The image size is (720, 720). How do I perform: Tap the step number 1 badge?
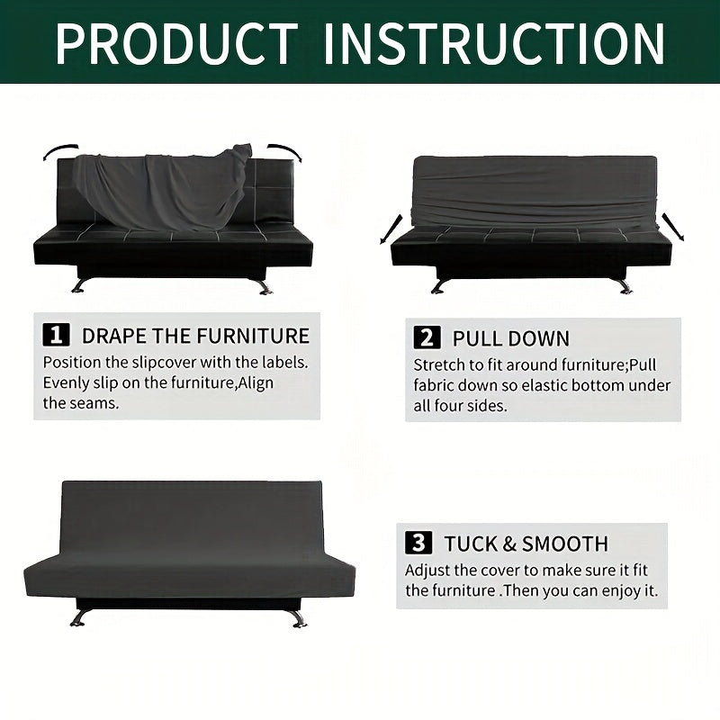[56, 335]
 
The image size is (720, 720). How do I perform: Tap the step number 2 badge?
[427, 337]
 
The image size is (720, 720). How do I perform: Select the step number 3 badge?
[418, 543]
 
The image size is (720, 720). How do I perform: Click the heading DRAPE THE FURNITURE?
[195, 336]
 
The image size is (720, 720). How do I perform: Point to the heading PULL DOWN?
[511, 338]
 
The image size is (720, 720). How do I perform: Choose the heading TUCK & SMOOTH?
[526, 544]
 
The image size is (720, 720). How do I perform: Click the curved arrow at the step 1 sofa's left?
[59, 150]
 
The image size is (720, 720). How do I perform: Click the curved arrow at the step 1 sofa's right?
[285, 150]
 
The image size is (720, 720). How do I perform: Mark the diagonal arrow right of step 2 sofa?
[672, 227]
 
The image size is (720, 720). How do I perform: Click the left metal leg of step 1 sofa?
[79, 284]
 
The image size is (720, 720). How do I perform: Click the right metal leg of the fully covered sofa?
[298, 618]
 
